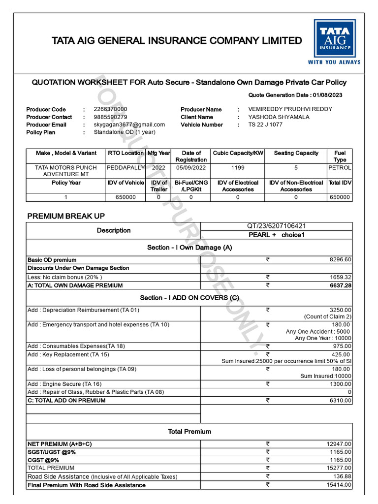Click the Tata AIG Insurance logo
pyautogui.click(x=334, y=42)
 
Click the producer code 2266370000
pyautogui.click(x=110, y=109)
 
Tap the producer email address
pyautogui.click(x=129, y=125)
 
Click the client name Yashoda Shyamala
pyautogui.click(x=279, y=117)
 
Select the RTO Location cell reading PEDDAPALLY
pyautogui.click(x=126, y=167)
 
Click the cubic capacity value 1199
pyautogui.click(x=238, y=167)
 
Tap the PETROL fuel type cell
pyautogui.click(x=340, y=167)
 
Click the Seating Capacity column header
pyautogui.click(x=296, y=153)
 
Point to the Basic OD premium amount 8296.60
pyautogui.click(x=340, y=259)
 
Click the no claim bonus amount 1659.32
pyautogui.click(x=340, y=277)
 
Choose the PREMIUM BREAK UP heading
pyautogui.click(x=66, y=216)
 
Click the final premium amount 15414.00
pyautogui.click(x=339, y=485)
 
